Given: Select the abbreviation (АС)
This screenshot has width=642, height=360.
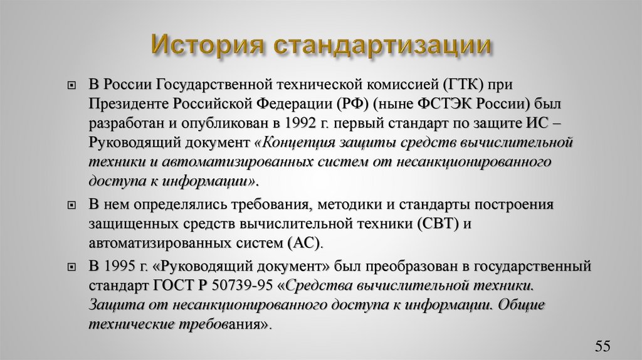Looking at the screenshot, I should click(303, 243).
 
